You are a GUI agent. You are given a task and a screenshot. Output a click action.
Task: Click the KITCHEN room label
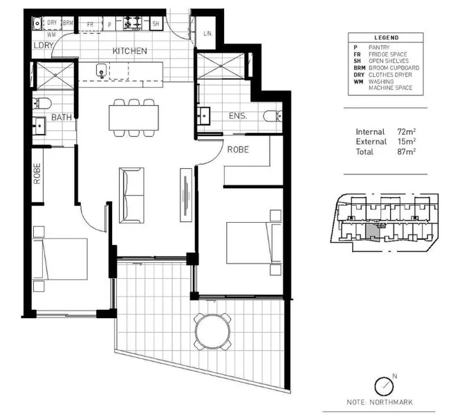point(130,51)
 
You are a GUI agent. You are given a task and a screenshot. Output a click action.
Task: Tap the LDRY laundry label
point(44,46)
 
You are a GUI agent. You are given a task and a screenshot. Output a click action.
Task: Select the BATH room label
point(62,118)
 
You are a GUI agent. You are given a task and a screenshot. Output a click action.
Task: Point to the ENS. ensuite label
point(238,116)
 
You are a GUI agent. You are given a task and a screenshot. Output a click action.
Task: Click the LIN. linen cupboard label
point(207,33)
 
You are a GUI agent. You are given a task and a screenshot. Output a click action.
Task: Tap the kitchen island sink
point(101,71)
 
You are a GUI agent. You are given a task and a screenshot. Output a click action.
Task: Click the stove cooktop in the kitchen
point(133,23)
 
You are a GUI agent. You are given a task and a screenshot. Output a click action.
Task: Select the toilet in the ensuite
point(272,116)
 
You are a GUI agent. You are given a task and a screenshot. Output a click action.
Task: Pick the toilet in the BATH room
point(41,103)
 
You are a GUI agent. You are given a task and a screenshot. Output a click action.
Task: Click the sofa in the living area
point(131,195)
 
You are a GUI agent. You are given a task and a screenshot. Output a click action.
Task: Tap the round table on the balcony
point(213,331)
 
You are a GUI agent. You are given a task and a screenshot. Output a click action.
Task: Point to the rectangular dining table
point(133,118)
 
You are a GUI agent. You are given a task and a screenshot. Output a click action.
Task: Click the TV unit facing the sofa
point(186,195)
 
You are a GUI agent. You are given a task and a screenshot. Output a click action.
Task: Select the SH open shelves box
point(156,24)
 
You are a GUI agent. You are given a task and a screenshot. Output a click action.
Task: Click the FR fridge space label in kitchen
point(90,25)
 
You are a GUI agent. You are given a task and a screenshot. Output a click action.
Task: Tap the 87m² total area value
point(406,151)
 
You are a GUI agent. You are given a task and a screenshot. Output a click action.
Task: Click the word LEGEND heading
point(387,37)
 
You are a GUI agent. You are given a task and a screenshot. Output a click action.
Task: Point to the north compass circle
point(385,387)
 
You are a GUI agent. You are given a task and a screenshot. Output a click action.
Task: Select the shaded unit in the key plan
point(373,232)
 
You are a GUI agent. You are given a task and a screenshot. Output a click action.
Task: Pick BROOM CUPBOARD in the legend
point(394,68)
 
